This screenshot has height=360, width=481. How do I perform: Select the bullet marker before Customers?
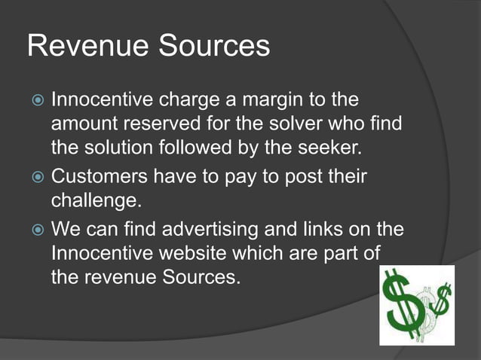click(x=38, y=178)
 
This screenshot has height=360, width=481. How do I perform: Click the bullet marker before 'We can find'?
click(x=38, y=228)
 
